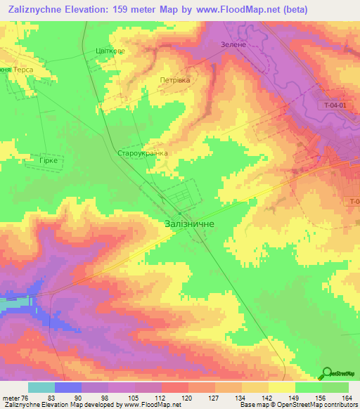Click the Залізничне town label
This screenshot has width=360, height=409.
189,223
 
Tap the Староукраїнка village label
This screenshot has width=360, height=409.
143,152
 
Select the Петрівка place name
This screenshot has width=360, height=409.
175,80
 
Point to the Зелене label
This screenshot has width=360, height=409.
224,44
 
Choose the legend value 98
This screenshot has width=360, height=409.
106,398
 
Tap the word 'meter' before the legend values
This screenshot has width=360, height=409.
10,398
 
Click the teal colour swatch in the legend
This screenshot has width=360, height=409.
41,387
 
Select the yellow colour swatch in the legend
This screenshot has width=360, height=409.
282,387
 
